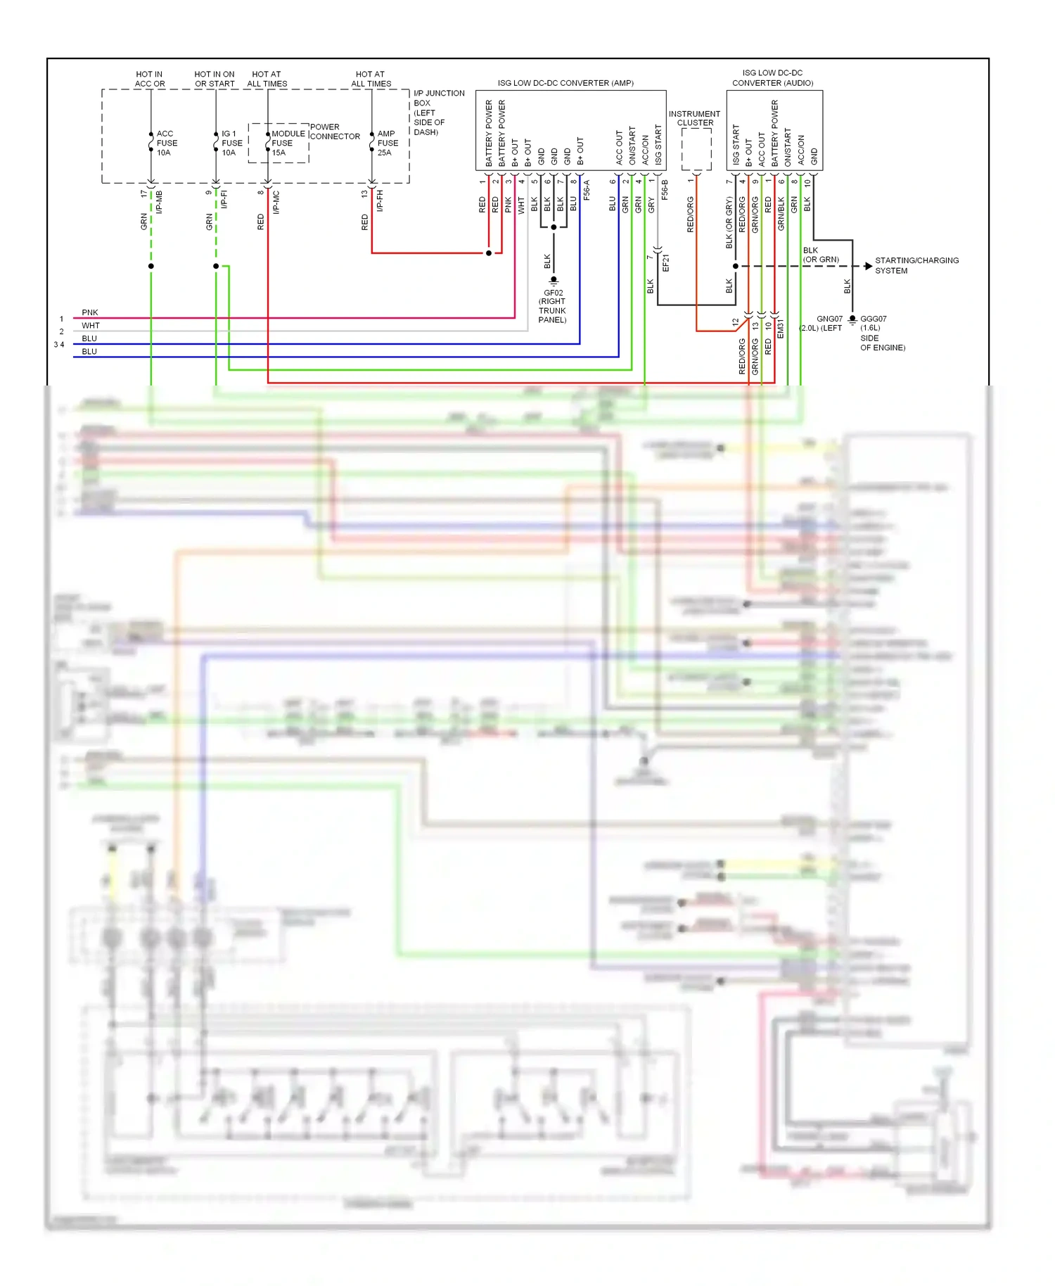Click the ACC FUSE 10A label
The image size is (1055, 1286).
click(166, 143)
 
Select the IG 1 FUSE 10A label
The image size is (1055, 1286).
click(231, 143)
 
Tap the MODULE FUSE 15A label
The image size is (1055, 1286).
click(287, 143)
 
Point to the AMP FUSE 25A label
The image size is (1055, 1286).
click(387, 143)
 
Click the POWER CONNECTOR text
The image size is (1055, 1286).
click(335, 132)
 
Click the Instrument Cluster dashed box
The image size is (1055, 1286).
click(696, 149)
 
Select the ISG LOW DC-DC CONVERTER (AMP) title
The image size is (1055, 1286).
click(565, 83)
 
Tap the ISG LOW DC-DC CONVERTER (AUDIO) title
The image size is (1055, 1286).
click(772, 78)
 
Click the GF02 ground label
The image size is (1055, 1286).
click(553, 293)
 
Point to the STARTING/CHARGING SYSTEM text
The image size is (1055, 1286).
click(916, 265)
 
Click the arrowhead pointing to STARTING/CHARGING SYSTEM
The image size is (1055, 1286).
click(869, 266)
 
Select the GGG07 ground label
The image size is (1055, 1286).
click(873, 319)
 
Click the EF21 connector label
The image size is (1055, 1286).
click(665, 263)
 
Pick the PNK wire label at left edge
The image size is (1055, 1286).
click(90, 312)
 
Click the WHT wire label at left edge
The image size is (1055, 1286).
click(91, 326)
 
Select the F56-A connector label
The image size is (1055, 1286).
click(586, 190)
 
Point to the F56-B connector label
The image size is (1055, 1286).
click(665, 189)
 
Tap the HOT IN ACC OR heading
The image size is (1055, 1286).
click(149, 79)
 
